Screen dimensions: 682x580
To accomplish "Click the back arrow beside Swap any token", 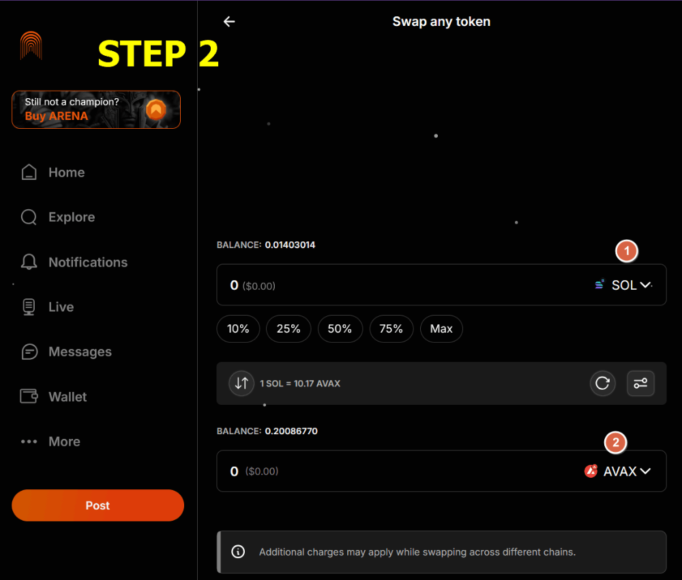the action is point(229,21).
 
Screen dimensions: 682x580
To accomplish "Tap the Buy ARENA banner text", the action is point(57,116).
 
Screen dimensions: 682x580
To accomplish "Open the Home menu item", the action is point(67,172).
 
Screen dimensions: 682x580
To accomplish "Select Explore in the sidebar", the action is point(72,217).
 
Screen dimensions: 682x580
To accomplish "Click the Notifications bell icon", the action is point(29,262).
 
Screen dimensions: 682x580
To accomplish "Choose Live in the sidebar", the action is point(61,307).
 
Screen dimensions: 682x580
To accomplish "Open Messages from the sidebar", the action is point(80,352).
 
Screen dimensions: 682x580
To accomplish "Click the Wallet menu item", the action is point(68,397).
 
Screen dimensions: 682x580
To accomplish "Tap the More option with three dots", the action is point(64,442).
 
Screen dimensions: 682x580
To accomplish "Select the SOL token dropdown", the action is point(624,285).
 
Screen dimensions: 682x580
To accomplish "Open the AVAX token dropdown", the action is point(618,471).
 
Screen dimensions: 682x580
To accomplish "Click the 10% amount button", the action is point(238,329).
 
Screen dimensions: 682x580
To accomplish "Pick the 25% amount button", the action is point(288,329).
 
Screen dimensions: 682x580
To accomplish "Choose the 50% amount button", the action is point(340,329).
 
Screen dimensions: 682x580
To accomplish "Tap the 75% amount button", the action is point(391,329).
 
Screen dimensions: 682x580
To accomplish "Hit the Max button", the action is point(441,329).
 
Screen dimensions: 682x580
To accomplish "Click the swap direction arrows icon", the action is point(241,383).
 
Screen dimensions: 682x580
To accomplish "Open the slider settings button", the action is point(640,383).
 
